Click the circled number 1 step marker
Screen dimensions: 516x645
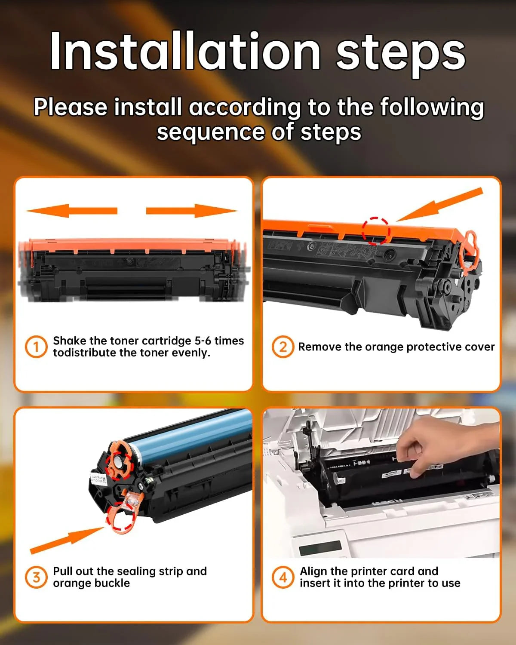(x=36, y=347)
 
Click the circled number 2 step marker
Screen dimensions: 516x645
(x=283, y=347)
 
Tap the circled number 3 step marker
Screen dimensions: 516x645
(x=36, y=577)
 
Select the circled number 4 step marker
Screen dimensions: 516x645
(x=283, y=577)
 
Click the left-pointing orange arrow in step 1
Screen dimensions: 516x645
(x=71, y=211)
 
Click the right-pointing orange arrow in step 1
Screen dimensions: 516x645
(x=192, y=211)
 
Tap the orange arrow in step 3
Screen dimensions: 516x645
(x=68, y=540)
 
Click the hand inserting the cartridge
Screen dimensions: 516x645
(x=447, y=447)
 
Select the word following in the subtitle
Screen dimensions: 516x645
(x=432, y=107)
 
